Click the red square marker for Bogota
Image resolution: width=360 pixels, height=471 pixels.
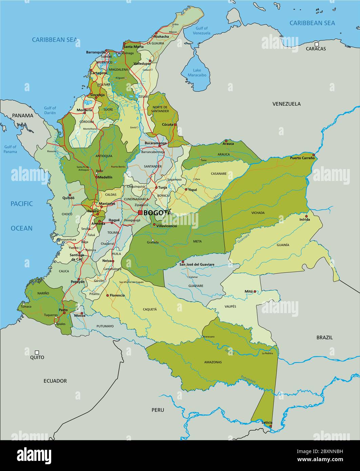point(140,213)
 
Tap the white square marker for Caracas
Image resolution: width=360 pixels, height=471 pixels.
point(316,44)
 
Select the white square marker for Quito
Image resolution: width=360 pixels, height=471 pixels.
point(37,352)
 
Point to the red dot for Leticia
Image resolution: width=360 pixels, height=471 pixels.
point(270,426)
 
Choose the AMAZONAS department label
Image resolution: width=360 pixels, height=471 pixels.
point(213,362)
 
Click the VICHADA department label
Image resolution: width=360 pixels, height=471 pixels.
point(258,213)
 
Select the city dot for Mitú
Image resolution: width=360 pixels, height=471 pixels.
point(255,291)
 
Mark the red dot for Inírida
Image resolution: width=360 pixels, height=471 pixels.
point(306,216)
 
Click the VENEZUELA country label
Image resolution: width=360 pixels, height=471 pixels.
point(286,104)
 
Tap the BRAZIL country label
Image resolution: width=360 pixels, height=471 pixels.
point(324,337)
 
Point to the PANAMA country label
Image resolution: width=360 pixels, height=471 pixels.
point(23,115)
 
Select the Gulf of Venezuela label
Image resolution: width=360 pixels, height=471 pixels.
point(201,31)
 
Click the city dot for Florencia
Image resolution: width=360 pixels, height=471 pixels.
point(108,295)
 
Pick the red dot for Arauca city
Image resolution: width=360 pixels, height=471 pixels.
point(226,141)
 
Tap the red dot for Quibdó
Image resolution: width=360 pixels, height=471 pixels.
point(70,195)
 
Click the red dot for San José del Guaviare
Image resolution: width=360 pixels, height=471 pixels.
point(182,262)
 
